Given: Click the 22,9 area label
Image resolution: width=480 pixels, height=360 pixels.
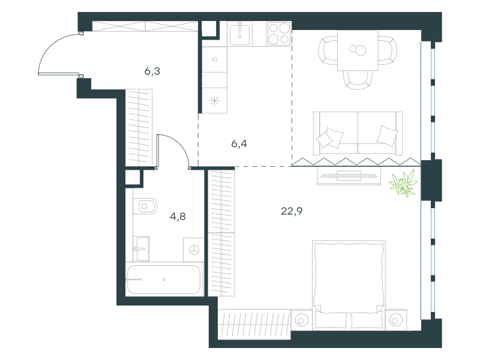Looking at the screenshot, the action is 292,211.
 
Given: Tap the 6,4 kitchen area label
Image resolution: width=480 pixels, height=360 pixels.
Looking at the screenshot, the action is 239,143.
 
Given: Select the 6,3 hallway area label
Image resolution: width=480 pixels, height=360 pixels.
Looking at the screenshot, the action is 152,71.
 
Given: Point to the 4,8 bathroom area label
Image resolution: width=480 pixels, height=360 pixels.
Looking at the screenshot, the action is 178,217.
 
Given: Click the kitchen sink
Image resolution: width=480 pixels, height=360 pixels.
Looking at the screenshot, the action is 239,34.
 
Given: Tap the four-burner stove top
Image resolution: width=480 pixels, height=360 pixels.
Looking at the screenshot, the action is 279,34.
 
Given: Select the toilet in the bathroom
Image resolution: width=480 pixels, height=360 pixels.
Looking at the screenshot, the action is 145,206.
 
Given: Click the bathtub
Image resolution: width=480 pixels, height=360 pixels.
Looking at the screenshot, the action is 164,280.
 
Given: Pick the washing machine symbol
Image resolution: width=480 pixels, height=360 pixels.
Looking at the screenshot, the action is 194,250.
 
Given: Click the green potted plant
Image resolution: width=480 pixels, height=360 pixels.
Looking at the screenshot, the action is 403,184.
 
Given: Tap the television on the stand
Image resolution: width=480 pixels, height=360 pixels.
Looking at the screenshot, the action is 349,176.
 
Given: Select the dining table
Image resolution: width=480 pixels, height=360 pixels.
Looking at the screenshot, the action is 358,50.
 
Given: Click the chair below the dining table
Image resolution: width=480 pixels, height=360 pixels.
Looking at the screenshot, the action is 358,80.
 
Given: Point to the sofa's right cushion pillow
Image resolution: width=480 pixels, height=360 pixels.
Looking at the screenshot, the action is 386,136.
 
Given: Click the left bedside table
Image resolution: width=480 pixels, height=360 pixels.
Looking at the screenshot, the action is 302,320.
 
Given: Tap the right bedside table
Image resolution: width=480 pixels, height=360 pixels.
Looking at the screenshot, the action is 396,320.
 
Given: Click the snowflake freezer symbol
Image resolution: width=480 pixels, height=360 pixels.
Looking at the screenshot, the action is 214,100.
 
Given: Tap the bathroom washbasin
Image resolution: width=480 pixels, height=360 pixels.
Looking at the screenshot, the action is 141,249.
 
